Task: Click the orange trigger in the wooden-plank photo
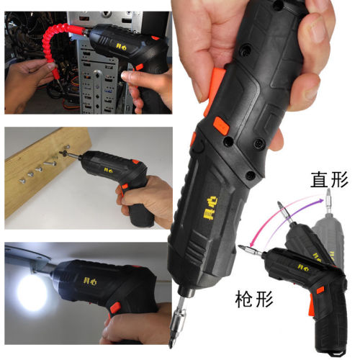124,187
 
